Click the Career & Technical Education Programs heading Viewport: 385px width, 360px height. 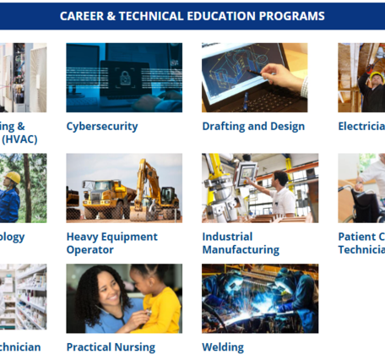192,16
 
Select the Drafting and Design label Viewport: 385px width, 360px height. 253,127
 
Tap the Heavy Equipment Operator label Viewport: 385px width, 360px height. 112,243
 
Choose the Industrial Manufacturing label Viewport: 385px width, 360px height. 241,243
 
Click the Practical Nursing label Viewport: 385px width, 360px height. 111,347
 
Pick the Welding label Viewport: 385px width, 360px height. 223,347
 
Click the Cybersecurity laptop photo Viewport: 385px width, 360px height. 124,77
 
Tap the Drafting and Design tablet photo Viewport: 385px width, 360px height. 254,77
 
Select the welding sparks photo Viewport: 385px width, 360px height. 260,298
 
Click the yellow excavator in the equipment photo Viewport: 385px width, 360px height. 156,190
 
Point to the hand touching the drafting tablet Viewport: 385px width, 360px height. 285,77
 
